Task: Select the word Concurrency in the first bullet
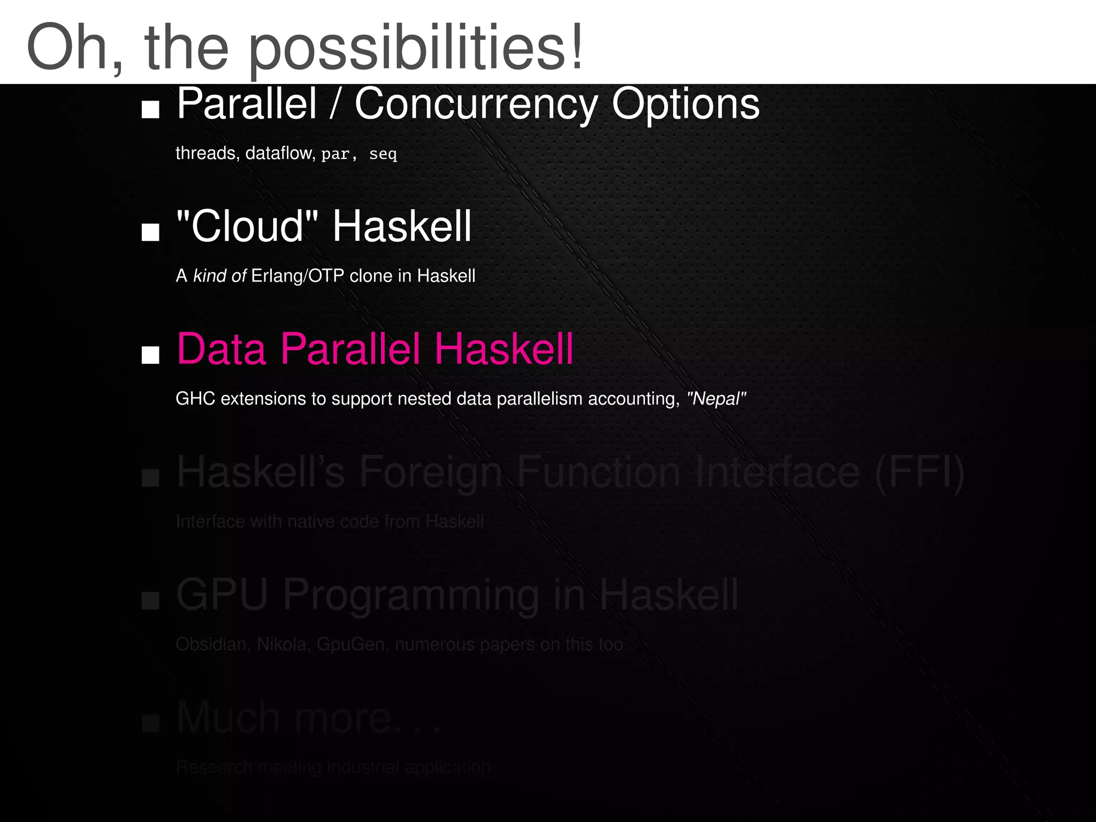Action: tap(476, 104)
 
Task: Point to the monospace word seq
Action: tap(383, 155)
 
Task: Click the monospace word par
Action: tap(336, 155)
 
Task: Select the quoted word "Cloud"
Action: tap(247, 226)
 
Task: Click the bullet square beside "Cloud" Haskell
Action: tap(150, 232)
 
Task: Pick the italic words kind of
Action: tap(219, 276)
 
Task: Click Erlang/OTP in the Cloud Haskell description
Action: tap(298, 276)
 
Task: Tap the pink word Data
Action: tap(222, 349)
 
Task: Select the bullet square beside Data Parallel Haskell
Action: tap(150, 355)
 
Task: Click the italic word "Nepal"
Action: tap(716, 399)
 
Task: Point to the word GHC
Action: tap(195, 399)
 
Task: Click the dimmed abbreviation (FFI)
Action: tap(919, 472)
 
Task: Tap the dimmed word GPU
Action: tap(222, 595)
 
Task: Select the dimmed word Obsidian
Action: tap(211, 644)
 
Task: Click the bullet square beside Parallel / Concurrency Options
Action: tap(150, 110)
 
